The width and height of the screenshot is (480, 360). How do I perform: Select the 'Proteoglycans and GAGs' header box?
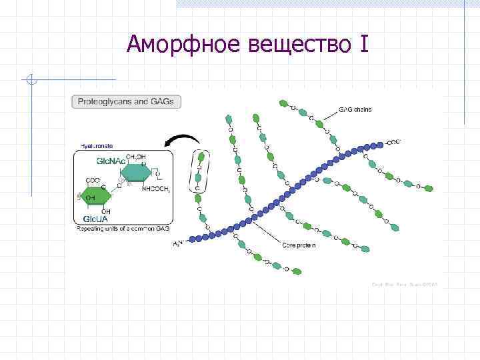pyautogui.click(x=127, y=103)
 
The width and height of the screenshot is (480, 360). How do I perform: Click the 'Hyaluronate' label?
pyautogui.click(x=96, y=146)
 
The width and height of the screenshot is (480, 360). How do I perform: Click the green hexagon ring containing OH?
pyautogui.click(x=93, y=198)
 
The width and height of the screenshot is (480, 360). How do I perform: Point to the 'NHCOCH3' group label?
pyautogui.click(x=156, y=189)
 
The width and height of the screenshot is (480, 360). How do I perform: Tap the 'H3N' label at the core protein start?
pyautogui.click(x=178, y=244)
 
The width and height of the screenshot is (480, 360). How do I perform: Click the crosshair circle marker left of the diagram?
pyautogui.click(x=31, y=81)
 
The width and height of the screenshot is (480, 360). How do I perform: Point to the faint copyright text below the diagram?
pyautogui.click(x=409, y=285)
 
